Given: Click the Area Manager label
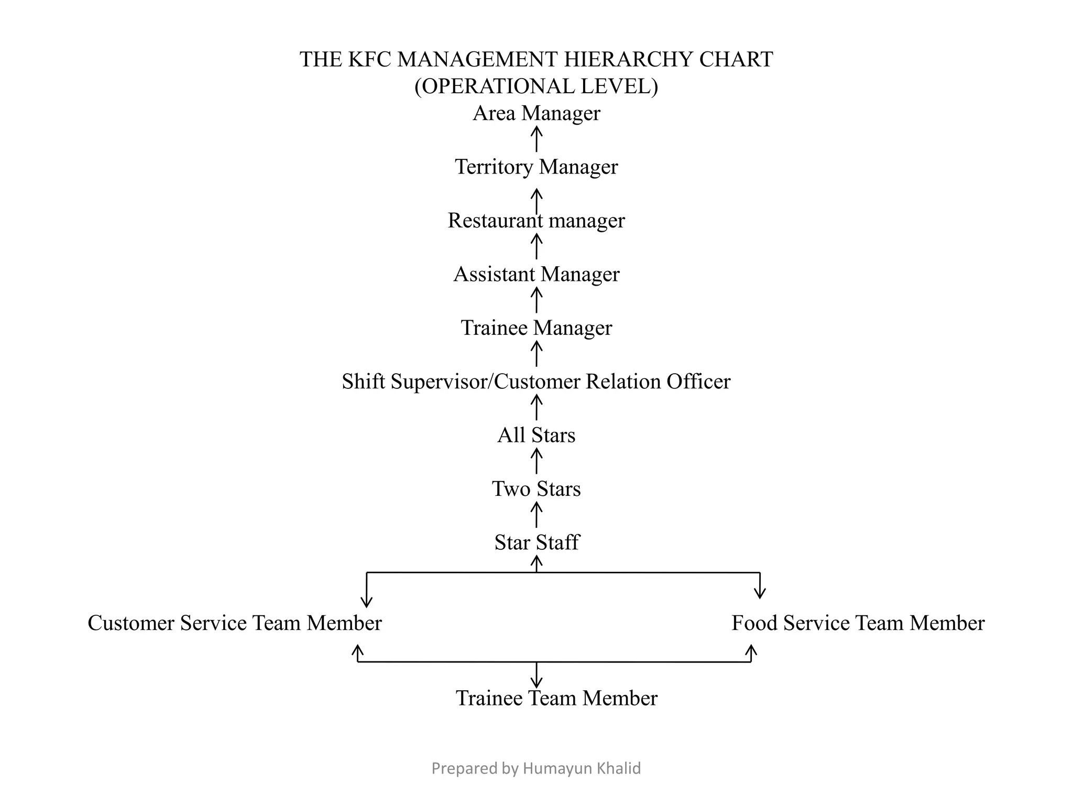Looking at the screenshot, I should pos(536,113).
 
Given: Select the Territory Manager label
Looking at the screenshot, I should pos(536,167).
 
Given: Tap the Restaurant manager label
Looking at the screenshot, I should pos(536,221).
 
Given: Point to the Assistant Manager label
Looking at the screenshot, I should pos(536,275).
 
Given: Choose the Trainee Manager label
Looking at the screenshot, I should pos(536,328).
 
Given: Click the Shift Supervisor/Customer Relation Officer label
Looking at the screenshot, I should pos(536,382).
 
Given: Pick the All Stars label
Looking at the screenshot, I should pos(536,436).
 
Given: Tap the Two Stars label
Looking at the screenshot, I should pos(536,489).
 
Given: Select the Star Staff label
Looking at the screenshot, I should pos(536,542).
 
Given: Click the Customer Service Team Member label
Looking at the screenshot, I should pos(235,623).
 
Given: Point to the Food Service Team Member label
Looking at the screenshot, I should pos(858,623).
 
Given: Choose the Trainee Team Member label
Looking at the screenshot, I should pos(556,698).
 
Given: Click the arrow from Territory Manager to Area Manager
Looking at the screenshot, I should pos(536,139).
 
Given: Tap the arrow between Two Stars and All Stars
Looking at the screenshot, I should pos(536,462).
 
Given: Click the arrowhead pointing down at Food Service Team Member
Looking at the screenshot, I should pos(760,593).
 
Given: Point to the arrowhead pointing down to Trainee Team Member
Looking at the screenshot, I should pos(536,681).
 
